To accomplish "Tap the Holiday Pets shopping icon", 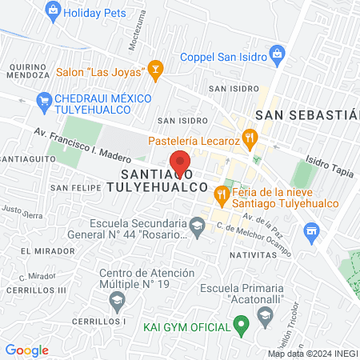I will tap(53, 11).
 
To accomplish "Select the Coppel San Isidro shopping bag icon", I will tap(278, 56).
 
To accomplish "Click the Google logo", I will tap(26, 350).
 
